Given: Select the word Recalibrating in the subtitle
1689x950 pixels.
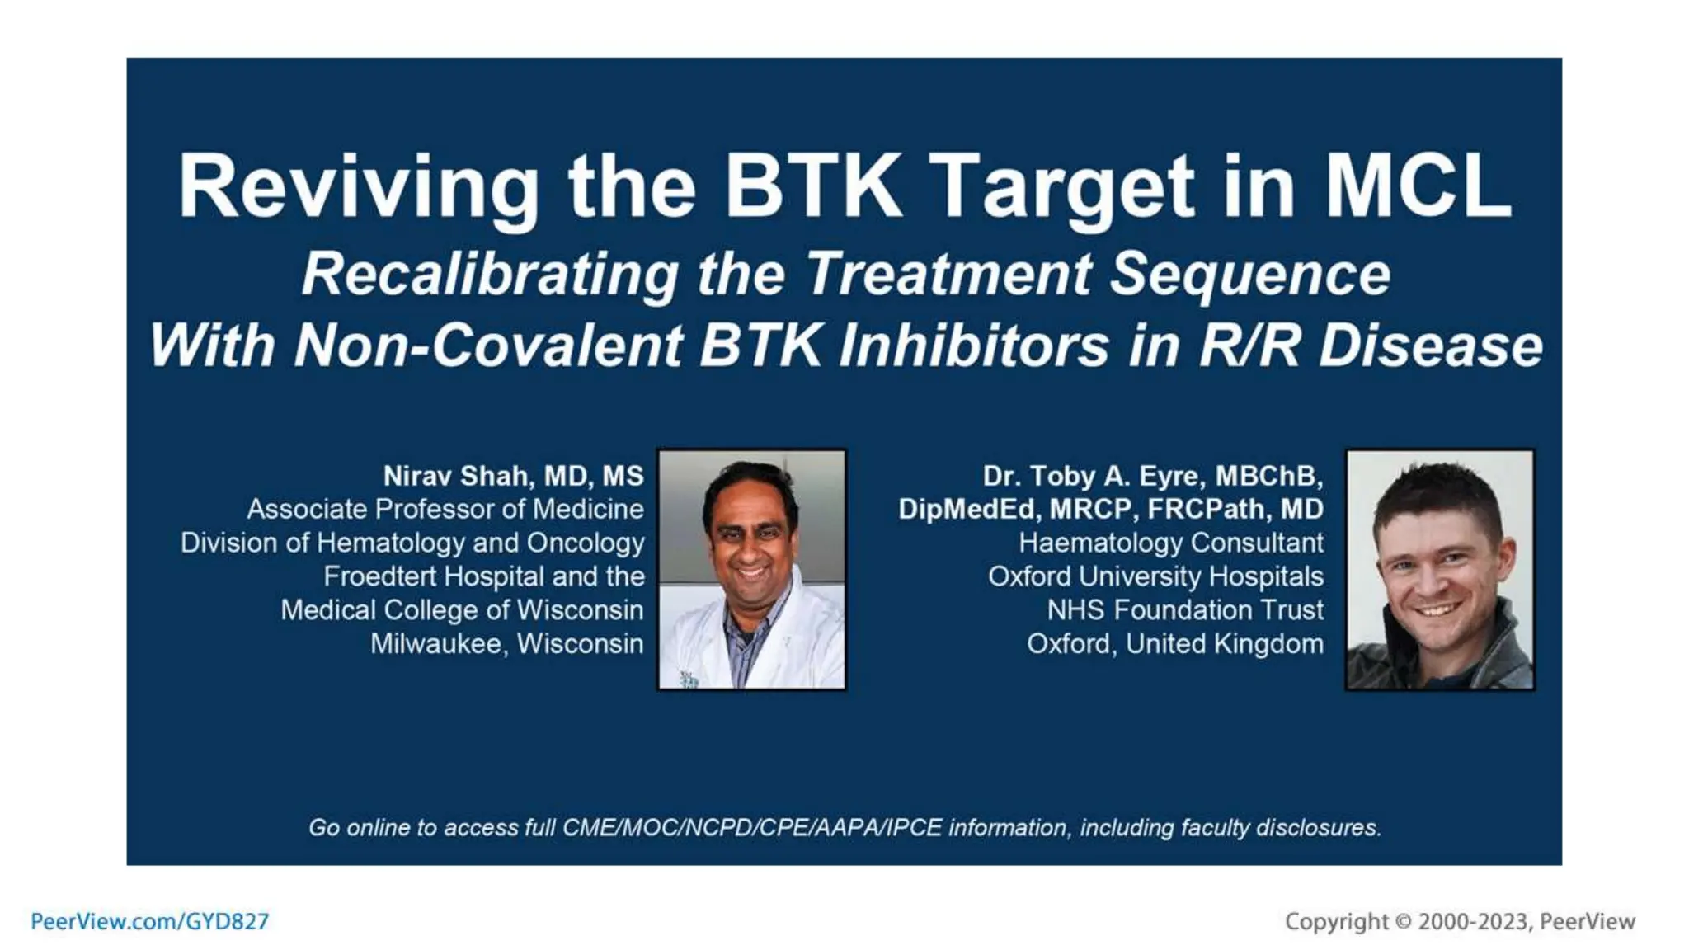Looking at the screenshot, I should [x=491, y=274].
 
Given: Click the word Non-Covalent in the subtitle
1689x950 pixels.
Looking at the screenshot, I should [x=488, y=346].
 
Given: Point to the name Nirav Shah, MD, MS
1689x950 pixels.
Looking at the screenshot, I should [x=513, y=476].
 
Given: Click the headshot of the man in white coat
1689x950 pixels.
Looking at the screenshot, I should [x=751, y=569].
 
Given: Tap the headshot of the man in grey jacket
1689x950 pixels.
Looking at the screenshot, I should [x=1440, y=569].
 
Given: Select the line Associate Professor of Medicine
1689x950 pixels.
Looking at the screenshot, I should [x=445, y=509].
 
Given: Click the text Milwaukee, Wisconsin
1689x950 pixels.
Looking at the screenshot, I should [x=506, y=643].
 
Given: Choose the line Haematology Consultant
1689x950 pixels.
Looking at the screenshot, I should [x=1171, y=543].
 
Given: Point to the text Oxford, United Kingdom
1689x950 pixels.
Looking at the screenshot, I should [x=1174, y=643].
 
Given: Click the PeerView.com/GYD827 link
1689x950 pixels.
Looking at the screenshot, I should [x=150, y=921].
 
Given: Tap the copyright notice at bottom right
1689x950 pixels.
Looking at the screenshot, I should [x=1460, y=921].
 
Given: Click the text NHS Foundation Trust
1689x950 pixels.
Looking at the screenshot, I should [x=1185, y=609].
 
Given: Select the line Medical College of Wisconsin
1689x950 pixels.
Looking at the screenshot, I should [x=462, y=609].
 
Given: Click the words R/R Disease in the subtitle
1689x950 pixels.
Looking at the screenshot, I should [x=1370, y=346].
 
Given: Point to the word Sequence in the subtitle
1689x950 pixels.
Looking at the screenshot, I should [x=1250, y=274].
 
